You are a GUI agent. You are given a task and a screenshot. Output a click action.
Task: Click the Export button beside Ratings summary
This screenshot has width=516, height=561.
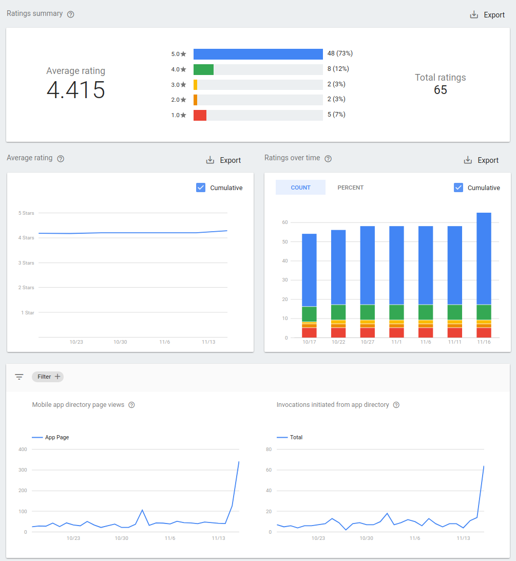coord(488,15)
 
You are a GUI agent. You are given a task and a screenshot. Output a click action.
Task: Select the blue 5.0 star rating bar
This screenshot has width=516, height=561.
coord(258,54)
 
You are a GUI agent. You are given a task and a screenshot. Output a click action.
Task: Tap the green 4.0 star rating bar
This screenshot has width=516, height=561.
coord(203,69)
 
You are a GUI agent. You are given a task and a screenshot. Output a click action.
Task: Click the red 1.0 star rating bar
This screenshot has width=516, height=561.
coord(200,115)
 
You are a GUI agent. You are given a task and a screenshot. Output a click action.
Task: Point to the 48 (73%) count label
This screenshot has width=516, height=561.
coord(340,53)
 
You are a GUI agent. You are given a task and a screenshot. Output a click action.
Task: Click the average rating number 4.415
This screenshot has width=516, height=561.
coord(76,90)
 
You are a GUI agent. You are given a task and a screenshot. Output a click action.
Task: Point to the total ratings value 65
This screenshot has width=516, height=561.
coord(441,90)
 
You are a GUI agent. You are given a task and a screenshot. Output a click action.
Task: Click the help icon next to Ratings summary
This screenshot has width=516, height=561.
coord(71,14)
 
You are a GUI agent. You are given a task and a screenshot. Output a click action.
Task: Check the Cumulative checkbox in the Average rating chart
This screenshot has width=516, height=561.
coord(201,188)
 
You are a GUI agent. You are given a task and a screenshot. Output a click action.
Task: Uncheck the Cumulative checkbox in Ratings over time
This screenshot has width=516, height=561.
coord(458,188)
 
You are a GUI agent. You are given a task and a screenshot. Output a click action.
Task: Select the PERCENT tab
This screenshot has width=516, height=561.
coord(350,188)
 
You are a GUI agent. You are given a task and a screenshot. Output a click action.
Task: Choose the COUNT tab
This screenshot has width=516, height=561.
coord(300,188)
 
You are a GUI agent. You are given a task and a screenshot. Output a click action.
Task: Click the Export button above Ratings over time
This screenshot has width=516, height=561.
coord(482,160)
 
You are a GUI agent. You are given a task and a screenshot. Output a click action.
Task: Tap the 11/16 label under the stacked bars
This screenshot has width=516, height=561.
coord(484,342)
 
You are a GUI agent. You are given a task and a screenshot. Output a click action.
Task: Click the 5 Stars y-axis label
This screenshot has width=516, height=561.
coord(26,213)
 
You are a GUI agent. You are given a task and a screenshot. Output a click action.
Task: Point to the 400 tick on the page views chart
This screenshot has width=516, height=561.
coord(22,450)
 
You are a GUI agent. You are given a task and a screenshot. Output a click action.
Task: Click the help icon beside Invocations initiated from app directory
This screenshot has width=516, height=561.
coord(396,405)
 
